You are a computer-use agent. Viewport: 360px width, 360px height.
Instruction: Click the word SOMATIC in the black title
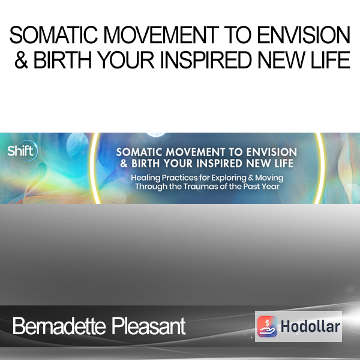click(53, 35)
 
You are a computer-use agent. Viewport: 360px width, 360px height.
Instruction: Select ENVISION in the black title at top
click(304, 35)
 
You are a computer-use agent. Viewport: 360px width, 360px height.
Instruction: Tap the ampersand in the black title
click(21, 59)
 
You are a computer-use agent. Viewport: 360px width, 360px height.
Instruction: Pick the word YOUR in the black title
click(127, 59)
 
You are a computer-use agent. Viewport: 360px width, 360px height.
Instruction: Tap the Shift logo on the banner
click(22, 151)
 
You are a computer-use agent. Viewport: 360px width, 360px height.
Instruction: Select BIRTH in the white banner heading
click(146, 163)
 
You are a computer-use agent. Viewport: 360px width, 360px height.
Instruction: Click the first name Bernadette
click(59, 326)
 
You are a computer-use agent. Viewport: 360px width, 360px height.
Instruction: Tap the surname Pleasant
click(149, 326)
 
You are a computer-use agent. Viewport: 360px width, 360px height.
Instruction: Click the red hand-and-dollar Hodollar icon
click(267, 326)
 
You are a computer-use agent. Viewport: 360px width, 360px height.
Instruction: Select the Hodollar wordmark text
click(310, 326)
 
